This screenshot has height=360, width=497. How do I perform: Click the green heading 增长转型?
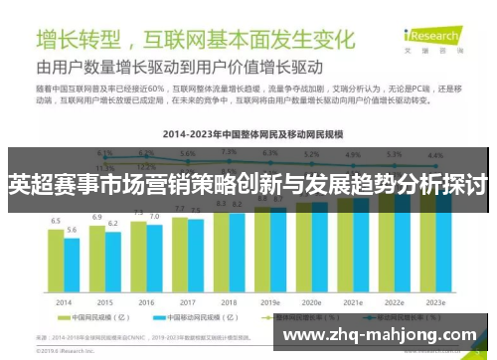tap(80, 42)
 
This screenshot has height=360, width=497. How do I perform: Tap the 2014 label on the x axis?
tap(64, 302)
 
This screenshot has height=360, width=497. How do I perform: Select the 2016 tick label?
tap(146, 302)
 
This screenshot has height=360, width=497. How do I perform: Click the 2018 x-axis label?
tap(229, 302)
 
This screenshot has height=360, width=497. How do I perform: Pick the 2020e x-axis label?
tap(311, 302)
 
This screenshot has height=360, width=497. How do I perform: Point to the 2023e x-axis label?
tap(435, 302)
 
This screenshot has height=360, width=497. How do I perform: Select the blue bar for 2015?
tap(112, 264)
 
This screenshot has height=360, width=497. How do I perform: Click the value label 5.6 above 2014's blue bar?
tap(72, 230)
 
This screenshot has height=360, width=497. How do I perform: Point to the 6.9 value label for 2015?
tap(97, 216)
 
